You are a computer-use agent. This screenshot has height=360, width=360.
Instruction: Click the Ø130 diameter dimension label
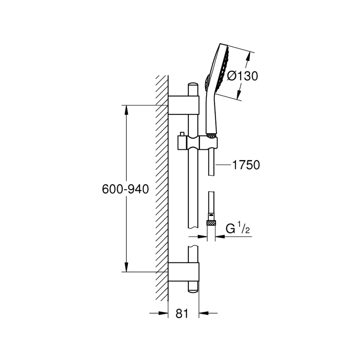pos(242,76)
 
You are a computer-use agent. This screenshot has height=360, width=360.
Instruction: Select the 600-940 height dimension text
pos(125,189)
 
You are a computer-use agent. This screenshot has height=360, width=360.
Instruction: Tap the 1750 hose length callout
pos(246,164)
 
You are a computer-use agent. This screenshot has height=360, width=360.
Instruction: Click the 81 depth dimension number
pos(182,314)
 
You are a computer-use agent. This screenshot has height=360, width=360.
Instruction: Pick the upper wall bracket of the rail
pos(183,105)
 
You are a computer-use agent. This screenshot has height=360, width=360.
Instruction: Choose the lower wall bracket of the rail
pos(183,272)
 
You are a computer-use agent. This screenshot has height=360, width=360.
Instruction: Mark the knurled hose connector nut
pos(211,223)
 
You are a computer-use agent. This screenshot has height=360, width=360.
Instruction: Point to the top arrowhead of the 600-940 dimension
pos(126,108)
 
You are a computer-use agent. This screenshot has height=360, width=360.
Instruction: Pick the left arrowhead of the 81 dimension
pos(165,313)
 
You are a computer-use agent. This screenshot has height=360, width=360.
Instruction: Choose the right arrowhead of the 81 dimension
pos(202,313)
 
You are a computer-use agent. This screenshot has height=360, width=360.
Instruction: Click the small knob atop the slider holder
pos(182,134)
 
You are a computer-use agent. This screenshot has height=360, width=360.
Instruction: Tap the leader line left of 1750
pos(223,164)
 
